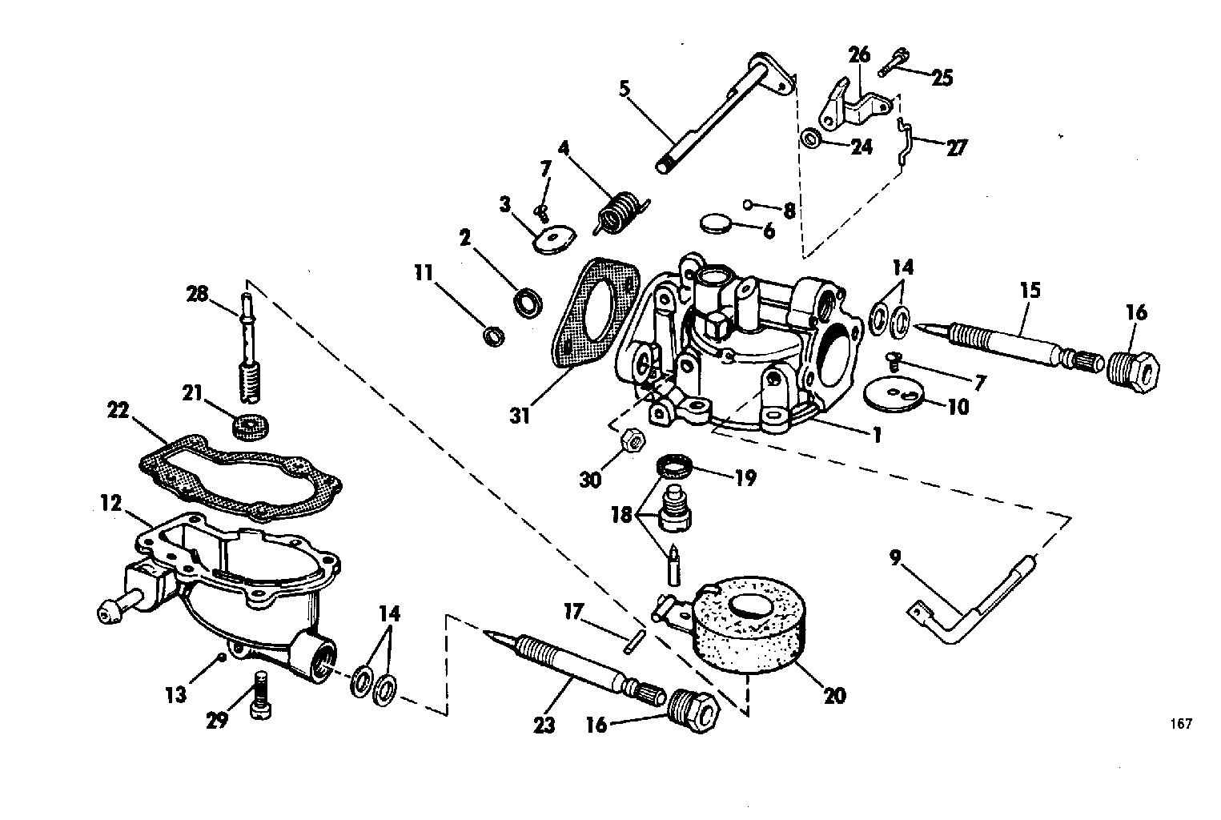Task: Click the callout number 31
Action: click(x=520, y=416)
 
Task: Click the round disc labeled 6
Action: click(x=716, y=223)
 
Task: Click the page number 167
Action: click(x=1181, y=723)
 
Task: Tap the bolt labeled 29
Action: click(x=262, y=695)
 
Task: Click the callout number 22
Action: click(x=118, y=411)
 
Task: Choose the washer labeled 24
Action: click(x=810, y=138)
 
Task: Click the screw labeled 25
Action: click(x=894, y=62)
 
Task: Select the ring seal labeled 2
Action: click(x=528, y=304)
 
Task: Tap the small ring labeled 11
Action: click(x=494, y=336)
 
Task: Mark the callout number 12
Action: click(x=111, y=503)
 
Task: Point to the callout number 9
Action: click(x=895, y=558)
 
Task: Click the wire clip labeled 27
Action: click(x=905, y=140)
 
